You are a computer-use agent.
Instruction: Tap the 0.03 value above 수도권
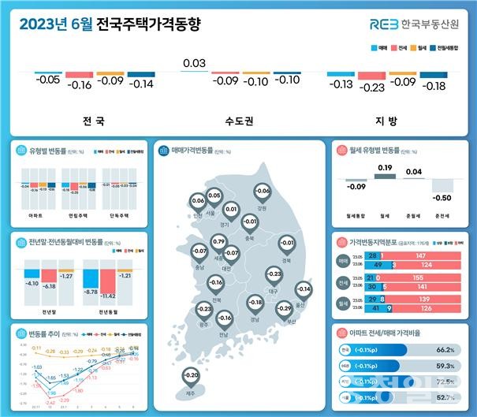point(193,63)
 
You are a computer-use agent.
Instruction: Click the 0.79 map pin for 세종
point(219,240)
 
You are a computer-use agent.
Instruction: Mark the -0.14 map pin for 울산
point(304,289)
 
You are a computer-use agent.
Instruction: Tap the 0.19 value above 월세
point(385,168)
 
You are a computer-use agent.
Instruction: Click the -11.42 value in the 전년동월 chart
point(108,294)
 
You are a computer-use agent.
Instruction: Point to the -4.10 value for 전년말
point(32,282)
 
